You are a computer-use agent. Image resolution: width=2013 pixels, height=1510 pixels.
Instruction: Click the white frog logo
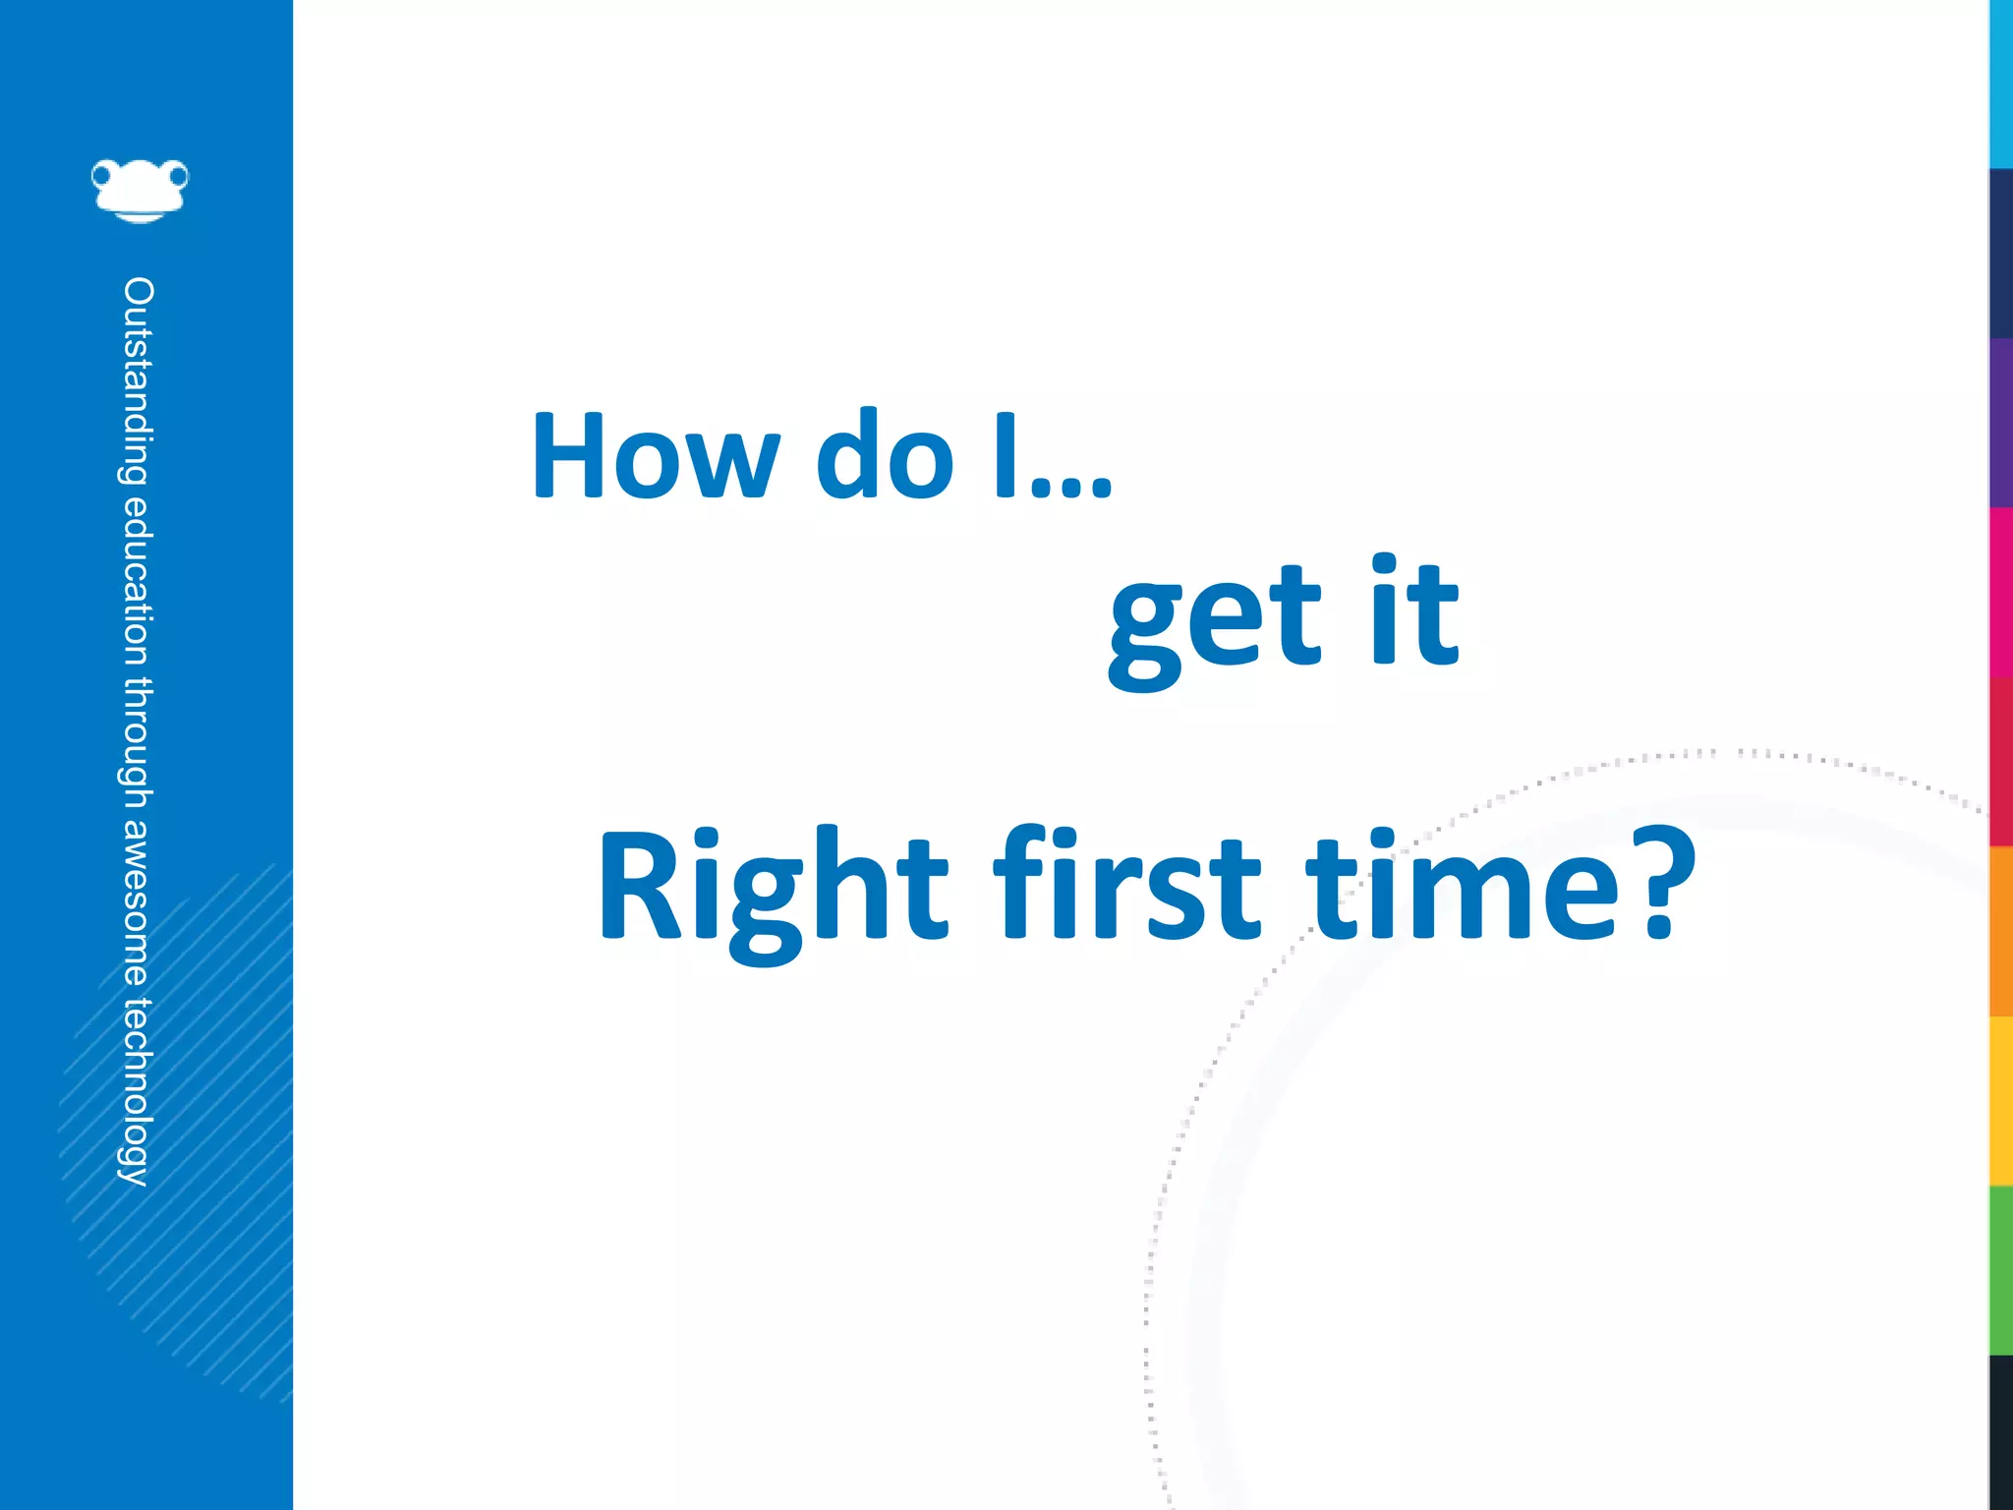click(140, 190)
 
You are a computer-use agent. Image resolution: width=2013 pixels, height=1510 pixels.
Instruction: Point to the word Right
click(773, 889)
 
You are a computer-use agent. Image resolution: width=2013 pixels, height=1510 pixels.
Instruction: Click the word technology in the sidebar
click(138, 1091)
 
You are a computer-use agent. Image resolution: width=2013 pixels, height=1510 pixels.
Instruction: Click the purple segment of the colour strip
click(2001, 423)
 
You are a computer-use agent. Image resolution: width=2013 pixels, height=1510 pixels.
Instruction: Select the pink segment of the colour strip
click(2001, 592)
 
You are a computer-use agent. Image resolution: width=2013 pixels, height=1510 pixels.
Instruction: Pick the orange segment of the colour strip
click(2001, 930)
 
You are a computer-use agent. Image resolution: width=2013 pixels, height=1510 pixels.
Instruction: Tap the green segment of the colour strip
click(2001, 1270)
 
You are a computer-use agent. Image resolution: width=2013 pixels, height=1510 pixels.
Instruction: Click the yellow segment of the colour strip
click(2001, 1101)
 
